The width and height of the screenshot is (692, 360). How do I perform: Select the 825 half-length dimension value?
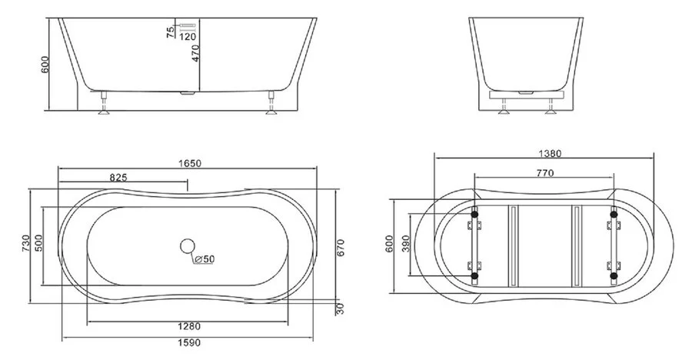click(x=118, y=177)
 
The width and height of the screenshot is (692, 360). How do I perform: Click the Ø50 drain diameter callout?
click(x=205, y=259)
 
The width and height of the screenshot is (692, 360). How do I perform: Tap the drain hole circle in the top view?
click(x=187, y=247)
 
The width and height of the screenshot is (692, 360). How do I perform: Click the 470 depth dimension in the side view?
click(x=195, y=54)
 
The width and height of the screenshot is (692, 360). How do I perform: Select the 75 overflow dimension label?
click(x=170, y=31)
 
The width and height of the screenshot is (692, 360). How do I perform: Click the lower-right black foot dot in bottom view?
click(x=613, y=274)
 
